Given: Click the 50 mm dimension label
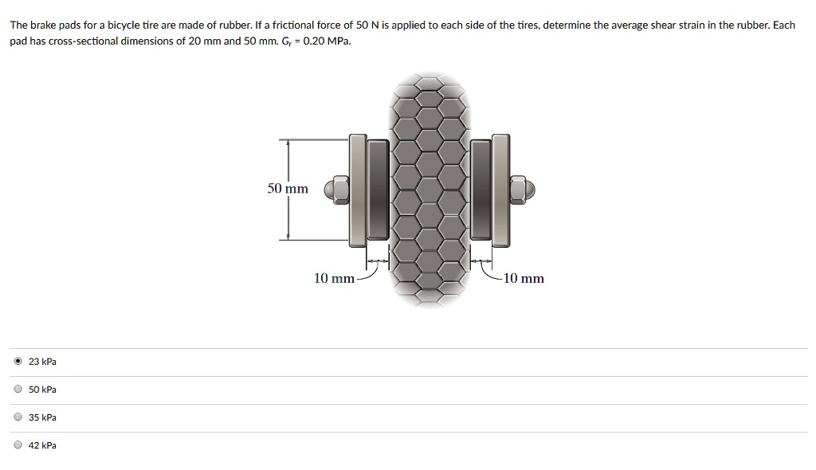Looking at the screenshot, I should coord(288,189).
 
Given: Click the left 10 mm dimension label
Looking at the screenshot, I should coord(334,278).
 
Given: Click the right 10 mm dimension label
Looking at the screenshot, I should coord(524,278).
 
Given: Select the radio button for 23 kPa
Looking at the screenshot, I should coord(18,362).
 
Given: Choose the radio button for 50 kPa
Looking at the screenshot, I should coord(18,390).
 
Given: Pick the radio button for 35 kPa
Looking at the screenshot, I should coord(18,417).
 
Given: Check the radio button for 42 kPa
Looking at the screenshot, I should coord(18,445).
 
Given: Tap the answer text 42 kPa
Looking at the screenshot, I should coord(42,445).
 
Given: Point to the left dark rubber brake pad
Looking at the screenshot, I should coord(379,190).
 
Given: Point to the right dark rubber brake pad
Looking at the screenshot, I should coord(481,190).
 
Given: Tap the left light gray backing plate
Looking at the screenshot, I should coord(357,190).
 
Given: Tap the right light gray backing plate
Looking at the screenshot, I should coord(501,190).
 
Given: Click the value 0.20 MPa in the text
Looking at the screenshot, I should coord(329,41).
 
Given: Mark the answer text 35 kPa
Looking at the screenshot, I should coord(42,417).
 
